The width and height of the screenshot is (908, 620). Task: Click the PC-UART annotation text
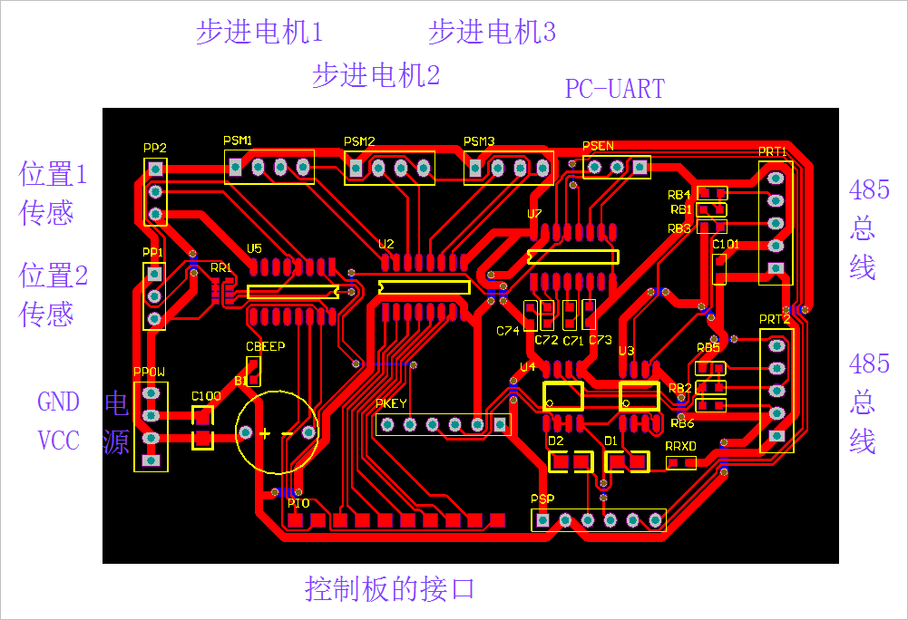point(614,89)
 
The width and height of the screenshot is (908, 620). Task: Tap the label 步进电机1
point(259,33)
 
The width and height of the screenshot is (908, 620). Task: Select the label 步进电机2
point(376,75)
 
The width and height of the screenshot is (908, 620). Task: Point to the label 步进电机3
point(492,33)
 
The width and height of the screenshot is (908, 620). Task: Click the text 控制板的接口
point(390,589)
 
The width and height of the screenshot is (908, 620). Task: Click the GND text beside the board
point(58,402)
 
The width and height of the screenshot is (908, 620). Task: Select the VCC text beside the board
point(58,441)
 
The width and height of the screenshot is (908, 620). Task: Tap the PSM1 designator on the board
point(238,140)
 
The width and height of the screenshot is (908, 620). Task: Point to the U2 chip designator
point(386,244)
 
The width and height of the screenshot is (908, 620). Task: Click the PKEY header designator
point(392,403)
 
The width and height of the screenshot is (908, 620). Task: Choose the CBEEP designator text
point(265,346)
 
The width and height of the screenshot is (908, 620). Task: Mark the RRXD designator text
point(680,447)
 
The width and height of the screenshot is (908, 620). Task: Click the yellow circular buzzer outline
point(278,433)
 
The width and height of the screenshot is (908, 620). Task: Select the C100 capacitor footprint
point(203,428)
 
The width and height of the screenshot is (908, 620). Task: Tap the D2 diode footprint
point(571,462)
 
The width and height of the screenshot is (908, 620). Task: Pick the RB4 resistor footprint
point(711,193)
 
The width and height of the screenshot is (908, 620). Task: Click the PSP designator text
point(542,499)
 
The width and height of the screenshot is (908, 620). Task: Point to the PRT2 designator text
point(774,319)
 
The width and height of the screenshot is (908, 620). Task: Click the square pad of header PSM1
point(236,167)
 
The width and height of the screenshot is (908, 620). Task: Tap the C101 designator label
point(726,244)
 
